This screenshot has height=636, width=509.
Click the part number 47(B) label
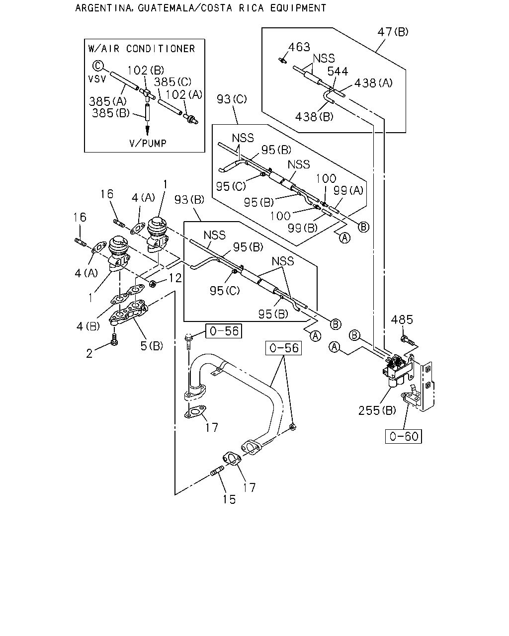393,32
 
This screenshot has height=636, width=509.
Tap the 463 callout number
299,47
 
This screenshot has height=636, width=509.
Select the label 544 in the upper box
338,71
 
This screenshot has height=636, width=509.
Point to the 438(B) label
314,117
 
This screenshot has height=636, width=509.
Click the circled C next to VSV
98,66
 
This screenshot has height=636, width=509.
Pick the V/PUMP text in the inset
148,143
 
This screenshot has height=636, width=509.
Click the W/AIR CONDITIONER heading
142,49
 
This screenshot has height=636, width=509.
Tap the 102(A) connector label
183,94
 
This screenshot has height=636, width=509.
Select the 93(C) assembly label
232,99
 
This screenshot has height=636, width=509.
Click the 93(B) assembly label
189,200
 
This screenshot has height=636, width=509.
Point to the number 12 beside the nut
175,278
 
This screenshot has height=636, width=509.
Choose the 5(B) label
152,346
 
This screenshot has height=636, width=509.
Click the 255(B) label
377,410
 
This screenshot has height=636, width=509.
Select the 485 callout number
402,320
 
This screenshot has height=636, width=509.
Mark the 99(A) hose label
348,191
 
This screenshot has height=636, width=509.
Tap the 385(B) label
111,113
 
